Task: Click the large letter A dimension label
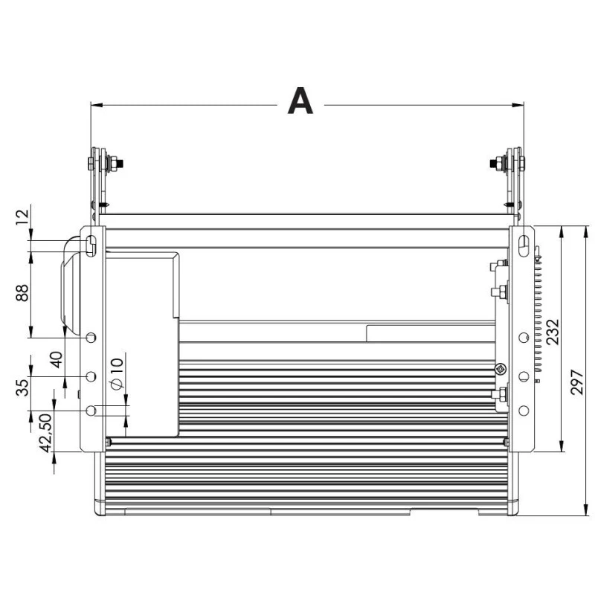click(300, 100)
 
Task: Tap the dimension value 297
click(577, 382)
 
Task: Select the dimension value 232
click(553, 332)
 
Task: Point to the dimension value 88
click(22, 292)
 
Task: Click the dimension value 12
click(22, 216)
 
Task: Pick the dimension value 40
click(57, 360)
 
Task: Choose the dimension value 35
click(22, 387)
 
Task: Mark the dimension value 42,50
click(46, 433)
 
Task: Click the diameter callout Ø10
click(117, 374)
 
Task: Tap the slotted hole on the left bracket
click(91, 245)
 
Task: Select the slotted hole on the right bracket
click(524, 245)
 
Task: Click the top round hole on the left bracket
click(91, 337)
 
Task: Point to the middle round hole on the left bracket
click(91, 376)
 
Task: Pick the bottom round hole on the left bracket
click(91, 411)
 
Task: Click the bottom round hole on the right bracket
click(524, 411)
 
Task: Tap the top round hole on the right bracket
click(524, 337)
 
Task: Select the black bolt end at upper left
click(120, 164)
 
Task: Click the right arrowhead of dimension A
click(518, 105)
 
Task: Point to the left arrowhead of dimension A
click(97, 105)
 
